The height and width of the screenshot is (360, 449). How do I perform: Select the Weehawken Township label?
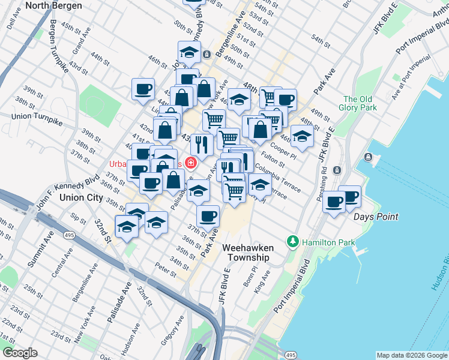pyautogui.click(x=247, y=252)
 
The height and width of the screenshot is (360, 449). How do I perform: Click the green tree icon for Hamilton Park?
pyautogui.click(x=292, y=242)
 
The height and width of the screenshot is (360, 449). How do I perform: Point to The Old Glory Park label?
pyautogui.click(x=360, y=103)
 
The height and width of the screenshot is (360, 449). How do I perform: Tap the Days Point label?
pyautogui.click(x=376, y=216)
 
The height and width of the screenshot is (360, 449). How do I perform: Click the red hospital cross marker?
pyautogui.click(x=191, y=162)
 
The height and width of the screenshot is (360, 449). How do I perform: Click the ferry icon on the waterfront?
pyautogui.click(x=368, y=157)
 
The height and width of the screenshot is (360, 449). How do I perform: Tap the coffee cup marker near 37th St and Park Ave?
pyautogui.click(x=208, y=215)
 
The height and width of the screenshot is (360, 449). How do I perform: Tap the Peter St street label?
pyautogui.click(x=164, y=266)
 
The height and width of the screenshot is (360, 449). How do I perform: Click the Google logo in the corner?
pyautogui.click(x=20, y=353)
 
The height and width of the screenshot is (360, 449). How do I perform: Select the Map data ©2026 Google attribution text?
pyautogui.click(x=411, y=355)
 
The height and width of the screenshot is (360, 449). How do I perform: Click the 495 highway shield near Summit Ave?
pyautogui.click(x=70, y=236)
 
